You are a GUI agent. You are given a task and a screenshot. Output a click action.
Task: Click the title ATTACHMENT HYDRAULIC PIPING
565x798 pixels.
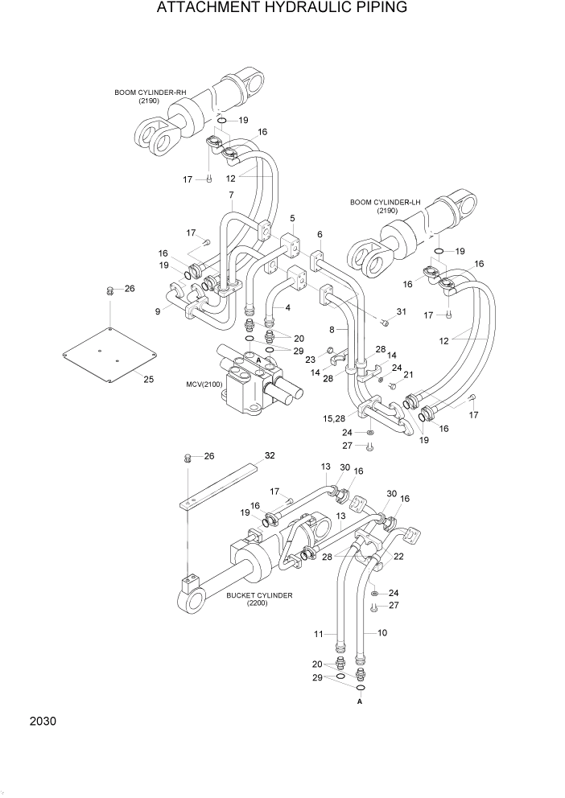coord(282,9)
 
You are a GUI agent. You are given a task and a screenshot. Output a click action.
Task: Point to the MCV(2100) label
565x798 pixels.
coord(203,385)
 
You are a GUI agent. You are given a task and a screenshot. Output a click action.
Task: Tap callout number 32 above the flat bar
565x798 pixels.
coord(270,455)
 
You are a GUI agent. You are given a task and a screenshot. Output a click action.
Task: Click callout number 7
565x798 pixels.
coord(231,195)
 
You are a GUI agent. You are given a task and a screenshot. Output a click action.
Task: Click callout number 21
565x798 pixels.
coord(407,374)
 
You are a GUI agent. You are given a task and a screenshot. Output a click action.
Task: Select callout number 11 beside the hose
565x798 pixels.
coord(318,636)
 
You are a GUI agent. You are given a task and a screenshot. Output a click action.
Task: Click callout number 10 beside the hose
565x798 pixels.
coord(382,633)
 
